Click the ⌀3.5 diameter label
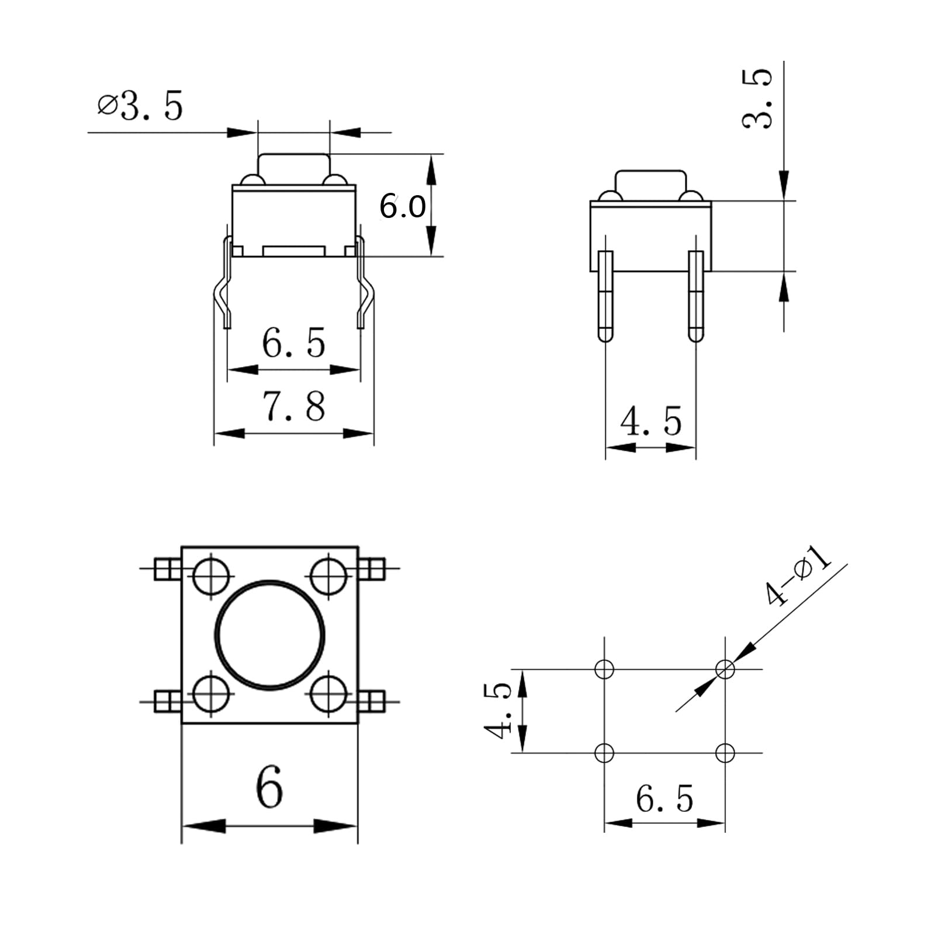click(140, 106)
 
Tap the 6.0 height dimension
click(403, 206)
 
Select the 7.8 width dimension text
click(294, 407)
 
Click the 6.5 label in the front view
click(293, 342)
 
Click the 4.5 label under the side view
click(651, 421)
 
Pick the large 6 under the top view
click(269, 786)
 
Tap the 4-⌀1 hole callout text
click(798, 575)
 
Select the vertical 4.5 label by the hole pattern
click(497, 711)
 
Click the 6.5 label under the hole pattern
click(664, 799)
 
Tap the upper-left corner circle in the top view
click(210, 576)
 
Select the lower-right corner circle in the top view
click(329, 693)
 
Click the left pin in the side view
click(605, 296)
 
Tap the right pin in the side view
click(696, 296)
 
